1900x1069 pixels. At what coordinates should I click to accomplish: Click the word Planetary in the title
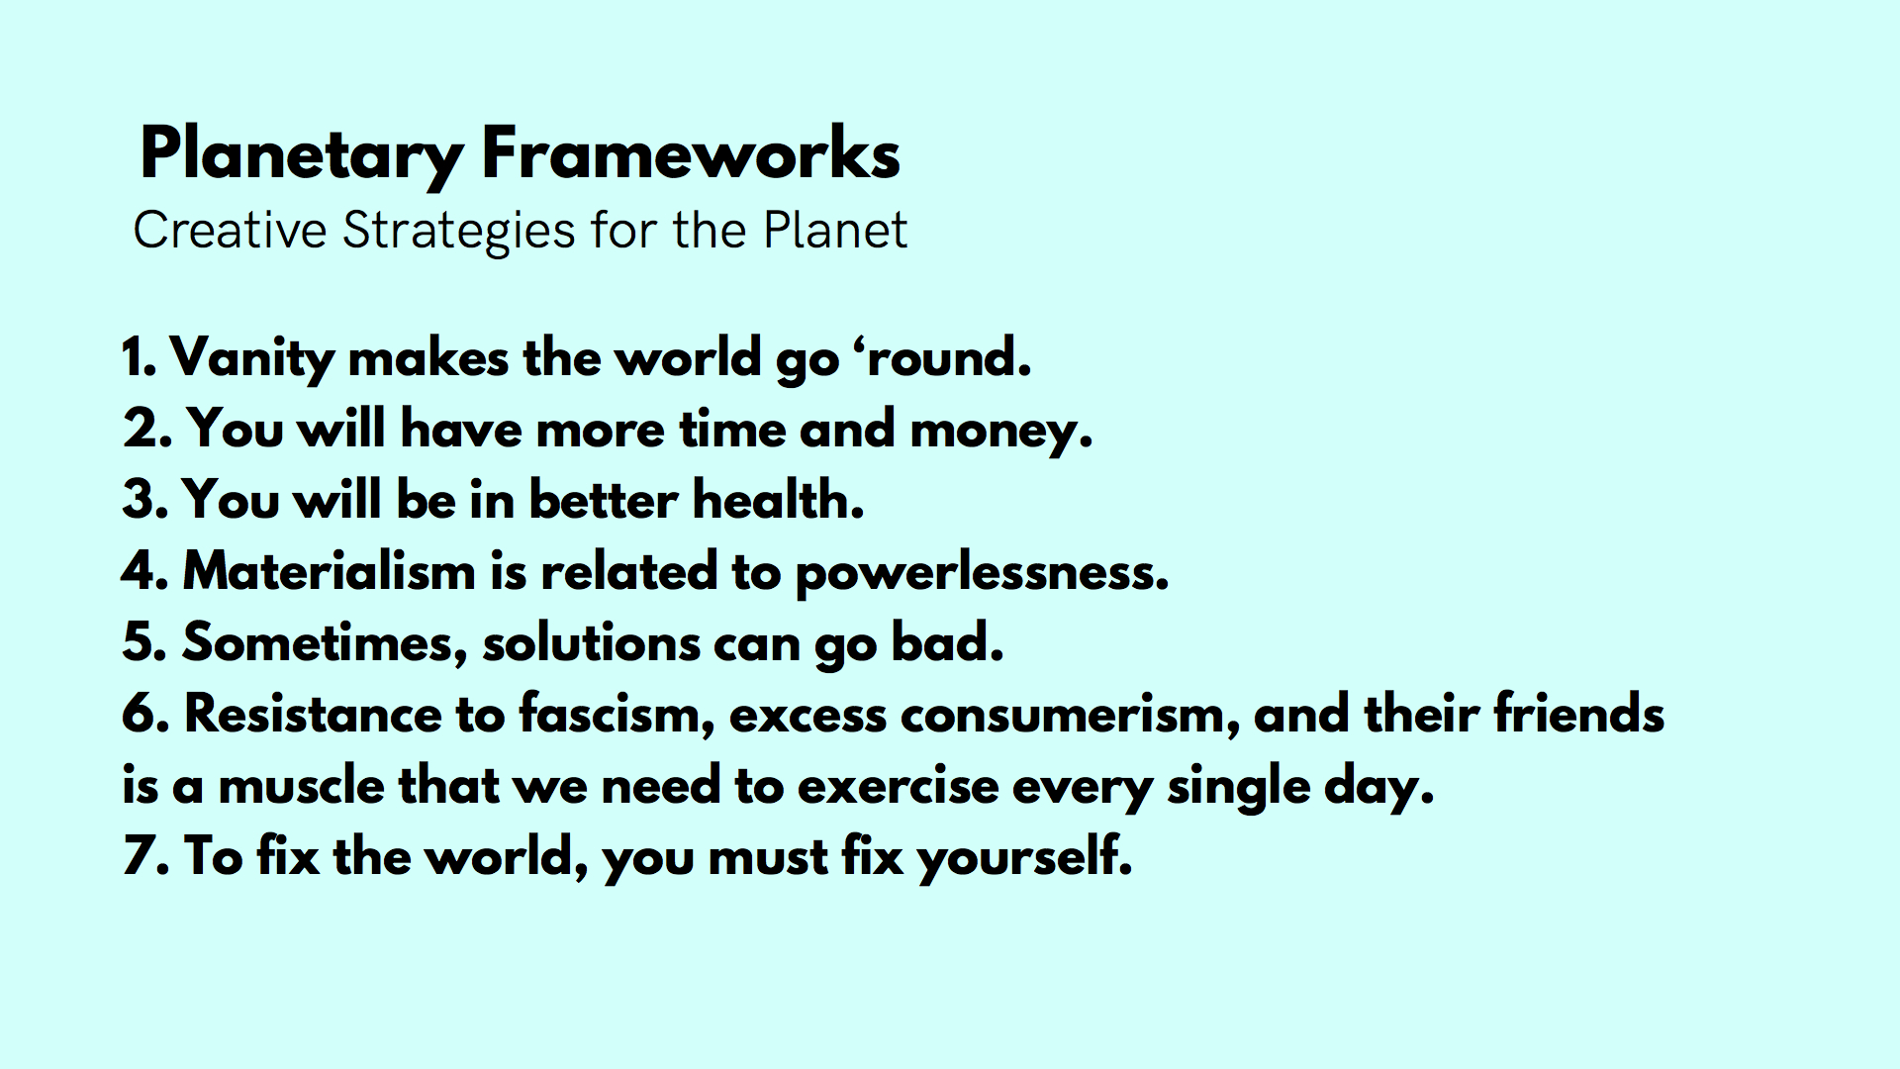tap(302, 155)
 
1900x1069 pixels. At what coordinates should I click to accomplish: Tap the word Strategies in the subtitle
tap(459, 232)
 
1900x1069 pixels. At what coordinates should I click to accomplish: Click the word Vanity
tap(252, 359)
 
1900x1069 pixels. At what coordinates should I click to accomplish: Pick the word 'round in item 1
tap(948, 357)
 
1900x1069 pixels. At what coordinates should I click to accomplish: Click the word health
tap(778, 499)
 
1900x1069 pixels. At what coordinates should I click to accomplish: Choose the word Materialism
tap(330, 571)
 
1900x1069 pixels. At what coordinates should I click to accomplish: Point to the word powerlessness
tap(982, 573)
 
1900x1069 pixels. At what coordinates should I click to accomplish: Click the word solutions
tap(591, 642)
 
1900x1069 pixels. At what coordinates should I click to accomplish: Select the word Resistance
tap(314, 714)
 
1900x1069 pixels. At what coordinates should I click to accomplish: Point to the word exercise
tap(899, 787)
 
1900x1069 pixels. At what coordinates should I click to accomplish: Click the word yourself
tap(1025, 857)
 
